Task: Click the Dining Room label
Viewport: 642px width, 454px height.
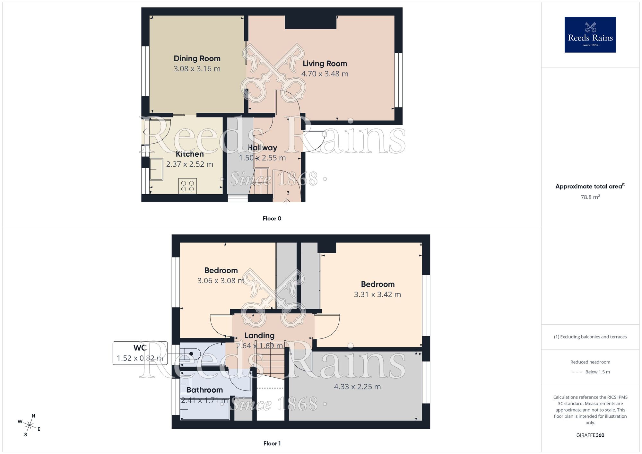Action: click(x=197, y=58)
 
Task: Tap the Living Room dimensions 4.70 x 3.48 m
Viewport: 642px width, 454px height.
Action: click(x=325, y=74)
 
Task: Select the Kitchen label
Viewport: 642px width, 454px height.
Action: click(x=189, y=154)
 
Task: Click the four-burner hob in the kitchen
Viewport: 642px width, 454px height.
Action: click(x=187, y=186)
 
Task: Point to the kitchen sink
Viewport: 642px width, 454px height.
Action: click(x=157, y=169)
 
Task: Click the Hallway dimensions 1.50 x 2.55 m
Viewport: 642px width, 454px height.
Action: click(x=262, y=158)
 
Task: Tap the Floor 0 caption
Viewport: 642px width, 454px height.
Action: click(x=272, y=219)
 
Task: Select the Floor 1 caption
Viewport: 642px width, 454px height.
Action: click(x=272, y=443)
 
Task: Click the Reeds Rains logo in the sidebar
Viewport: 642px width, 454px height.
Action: click(x=590, y=35)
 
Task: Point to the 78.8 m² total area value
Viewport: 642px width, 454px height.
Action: click(x=590, y=197)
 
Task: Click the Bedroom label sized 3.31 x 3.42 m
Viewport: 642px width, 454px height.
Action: click(x=377, y=284)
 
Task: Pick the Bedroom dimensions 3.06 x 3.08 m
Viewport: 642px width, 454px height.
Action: click(x=221, y=281)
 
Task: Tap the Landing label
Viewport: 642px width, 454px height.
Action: click(x=259, y=336)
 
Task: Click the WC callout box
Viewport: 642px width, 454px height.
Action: click(x=140, y=353)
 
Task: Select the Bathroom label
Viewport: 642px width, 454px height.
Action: click(x=204, y=390)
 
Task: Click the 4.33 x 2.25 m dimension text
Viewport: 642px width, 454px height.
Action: click(x=357, y=387)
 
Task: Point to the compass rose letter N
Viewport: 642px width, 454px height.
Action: click(x=33, y=416)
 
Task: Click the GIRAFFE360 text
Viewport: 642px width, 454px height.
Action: click(x=590, y=435)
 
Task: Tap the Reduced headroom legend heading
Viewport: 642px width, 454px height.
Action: click(x=590, y=362)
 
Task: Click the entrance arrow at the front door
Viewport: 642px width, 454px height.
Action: click(x=287, y=201)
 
